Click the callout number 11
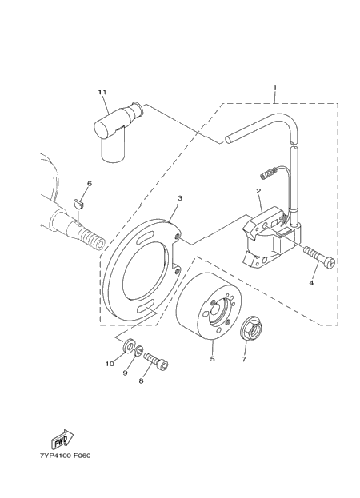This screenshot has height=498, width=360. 102,92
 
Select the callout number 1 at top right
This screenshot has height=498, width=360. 275,87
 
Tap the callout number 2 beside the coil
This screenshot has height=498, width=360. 258,191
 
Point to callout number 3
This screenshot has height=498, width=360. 180,198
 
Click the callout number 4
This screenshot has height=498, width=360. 311,282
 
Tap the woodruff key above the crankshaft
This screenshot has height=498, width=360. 78,204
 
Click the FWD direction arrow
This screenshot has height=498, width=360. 62,440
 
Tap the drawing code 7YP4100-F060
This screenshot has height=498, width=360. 65,456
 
